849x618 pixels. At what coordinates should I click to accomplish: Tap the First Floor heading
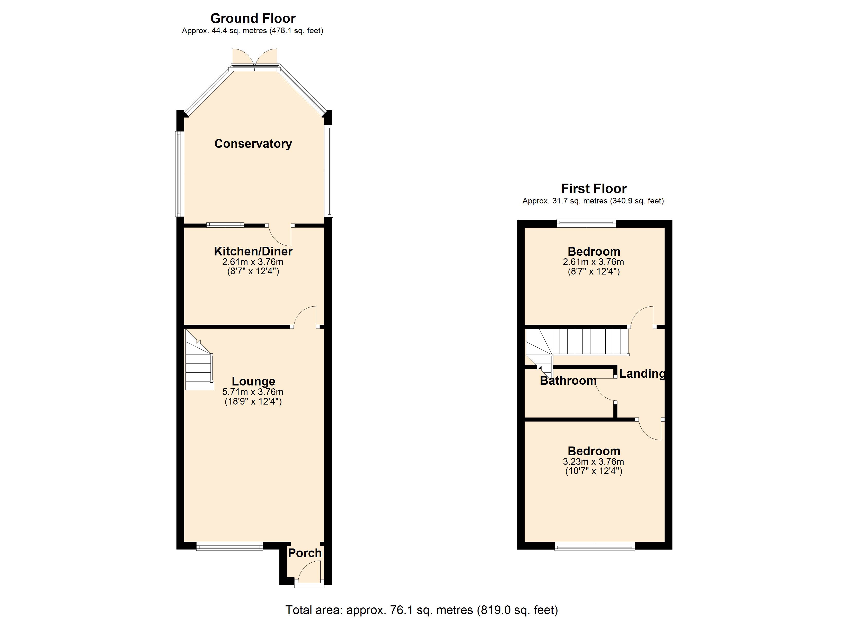594,188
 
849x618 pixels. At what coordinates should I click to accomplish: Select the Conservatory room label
253,143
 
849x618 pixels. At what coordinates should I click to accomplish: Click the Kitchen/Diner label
253,251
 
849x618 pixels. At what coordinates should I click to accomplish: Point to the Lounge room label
253,381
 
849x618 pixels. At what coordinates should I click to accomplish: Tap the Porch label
305,553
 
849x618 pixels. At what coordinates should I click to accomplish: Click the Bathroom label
568,381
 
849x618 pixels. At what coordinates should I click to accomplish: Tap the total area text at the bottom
422,610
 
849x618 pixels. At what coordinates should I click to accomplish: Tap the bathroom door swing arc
604,393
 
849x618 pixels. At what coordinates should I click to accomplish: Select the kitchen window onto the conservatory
225,225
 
